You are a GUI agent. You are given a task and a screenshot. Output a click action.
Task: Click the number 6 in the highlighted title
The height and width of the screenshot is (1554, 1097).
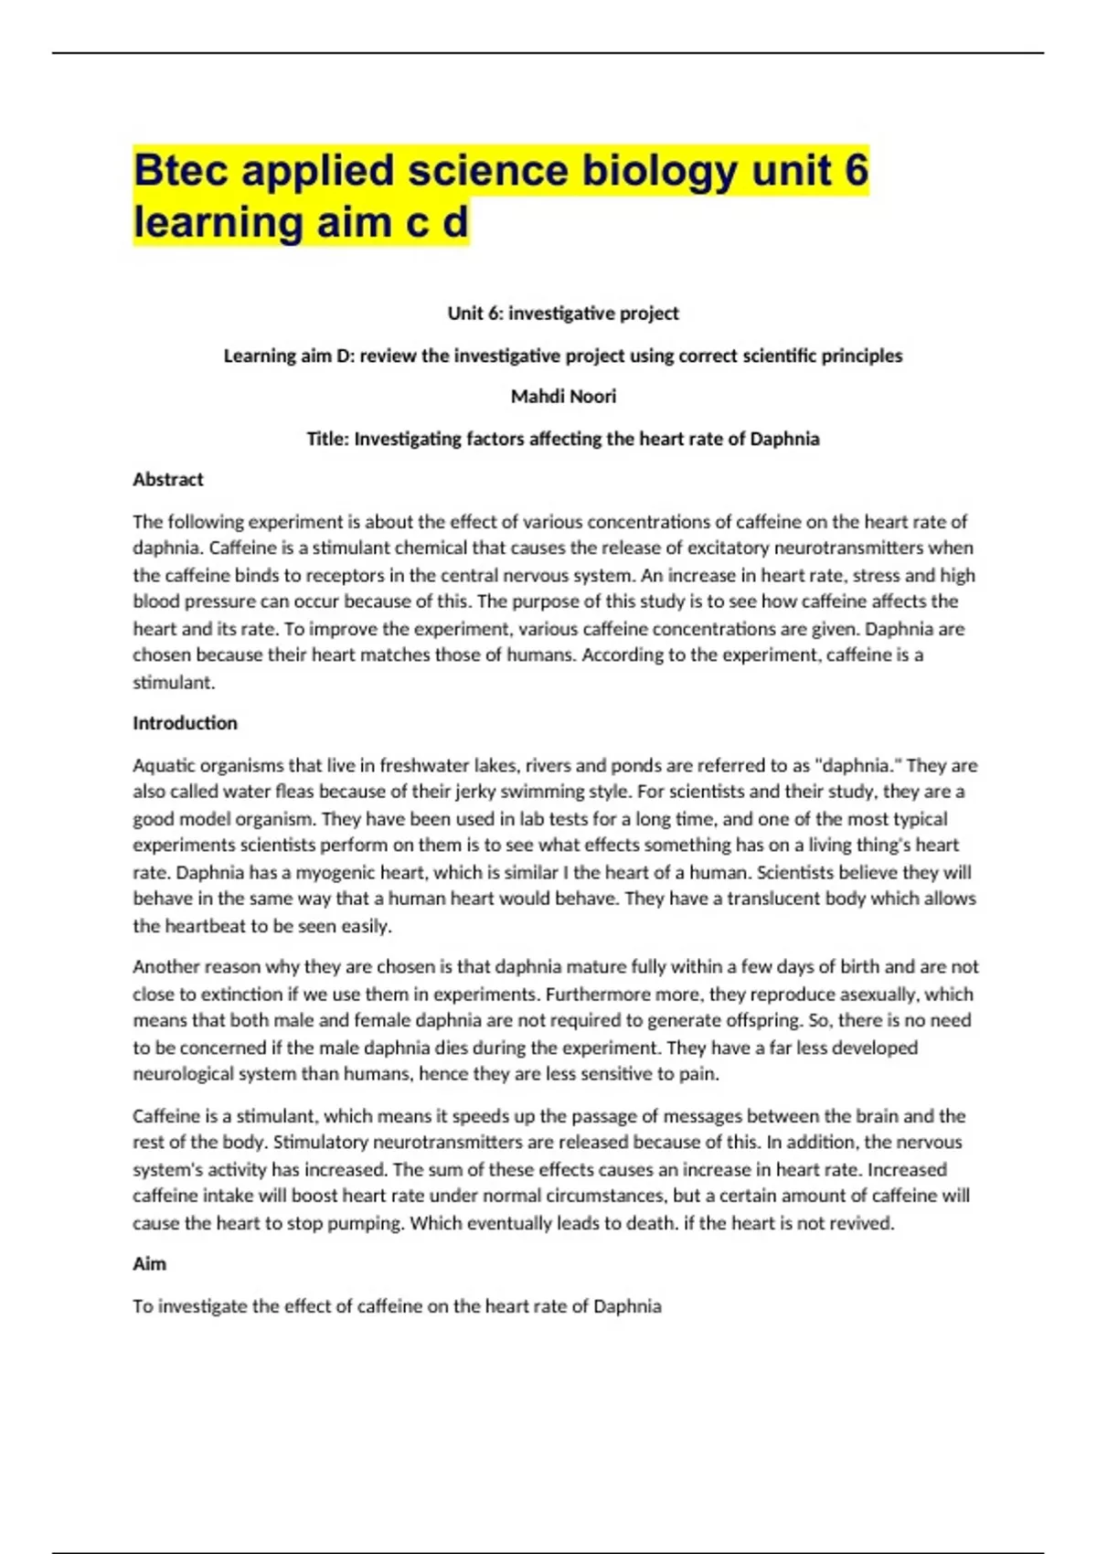point(856,171)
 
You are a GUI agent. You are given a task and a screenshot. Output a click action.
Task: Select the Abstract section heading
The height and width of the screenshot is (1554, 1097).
point(168,479)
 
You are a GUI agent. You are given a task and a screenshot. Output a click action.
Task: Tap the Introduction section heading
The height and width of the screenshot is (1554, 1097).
point(185,723)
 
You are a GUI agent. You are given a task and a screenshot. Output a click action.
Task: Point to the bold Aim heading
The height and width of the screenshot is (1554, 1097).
point(149,1263)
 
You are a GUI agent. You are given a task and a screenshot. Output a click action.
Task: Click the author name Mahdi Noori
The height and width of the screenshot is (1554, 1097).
point(563,396)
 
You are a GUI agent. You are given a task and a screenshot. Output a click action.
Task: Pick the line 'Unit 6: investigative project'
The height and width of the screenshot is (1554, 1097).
point(563,313)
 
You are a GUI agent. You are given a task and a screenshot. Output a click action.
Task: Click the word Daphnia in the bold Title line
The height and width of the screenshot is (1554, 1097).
point(784,439)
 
